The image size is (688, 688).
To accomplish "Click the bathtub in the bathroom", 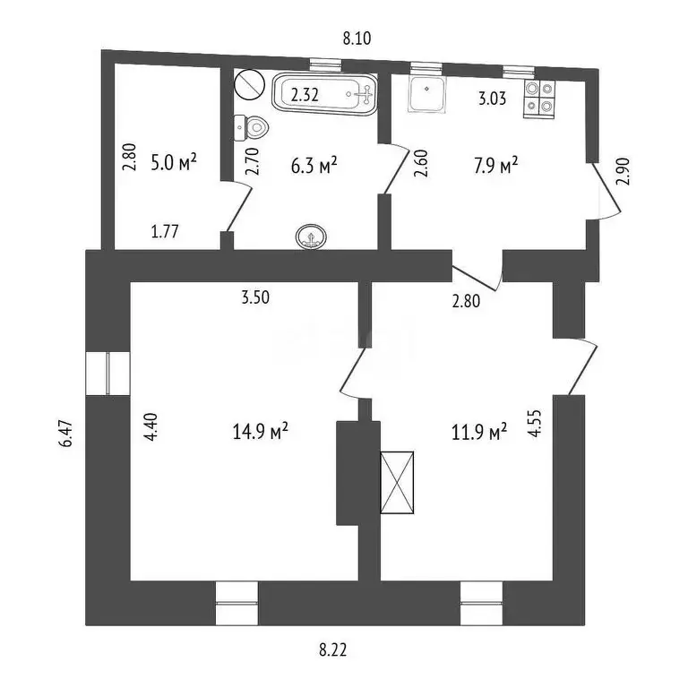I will [x=324, y=93].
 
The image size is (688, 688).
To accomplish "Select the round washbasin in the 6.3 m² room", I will [x=311, y=236].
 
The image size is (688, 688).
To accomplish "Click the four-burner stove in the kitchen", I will [x=538, y=97].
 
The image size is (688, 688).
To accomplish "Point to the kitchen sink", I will [x=426, y=96].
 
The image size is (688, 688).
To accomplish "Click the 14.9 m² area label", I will [x=259, y=432].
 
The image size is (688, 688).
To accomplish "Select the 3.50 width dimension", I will [x=255, y=299].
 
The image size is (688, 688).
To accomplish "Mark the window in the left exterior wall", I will [x=107, y=373].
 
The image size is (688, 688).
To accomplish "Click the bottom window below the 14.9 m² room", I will [x=236, y=603].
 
